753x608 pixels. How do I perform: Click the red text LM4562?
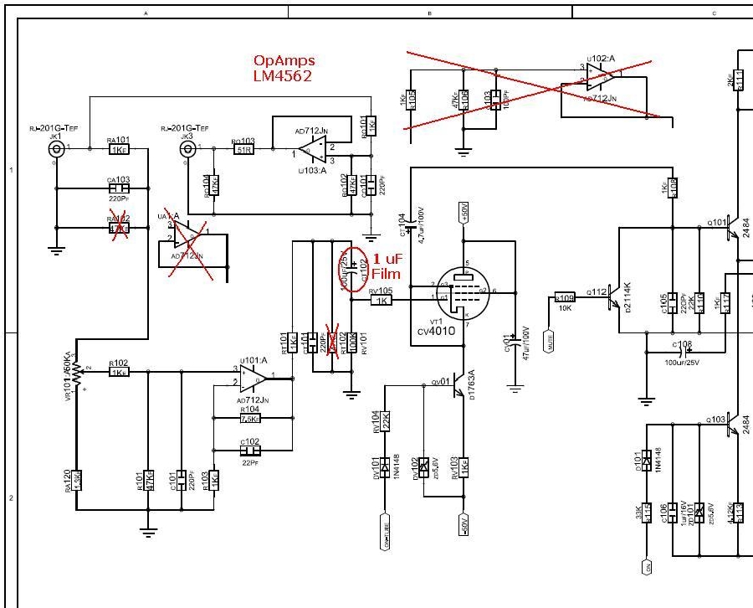coord(285,75)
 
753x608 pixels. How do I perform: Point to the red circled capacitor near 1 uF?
coord(351,269)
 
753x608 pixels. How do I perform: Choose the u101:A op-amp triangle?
coord(253,379)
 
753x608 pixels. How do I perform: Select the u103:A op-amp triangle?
coord(313,150)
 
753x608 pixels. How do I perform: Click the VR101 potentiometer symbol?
coord(78,371)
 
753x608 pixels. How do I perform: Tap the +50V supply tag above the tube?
coord(464,213)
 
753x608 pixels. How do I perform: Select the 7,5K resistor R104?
coord(250,419)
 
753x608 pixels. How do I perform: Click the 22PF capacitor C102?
coord(250,449)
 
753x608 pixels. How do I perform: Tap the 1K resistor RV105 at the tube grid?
coord(381,300)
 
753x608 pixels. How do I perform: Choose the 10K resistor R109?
coord(565,297)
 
